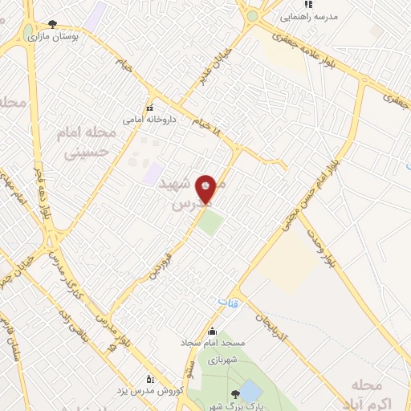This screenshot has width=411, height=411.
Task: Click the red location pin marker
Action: (207, 188)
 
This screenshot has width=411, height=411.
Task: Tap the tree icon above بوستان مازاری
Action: (53, 24)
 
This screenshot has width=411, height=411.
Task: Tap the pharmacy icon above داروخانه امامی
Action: (149, 108)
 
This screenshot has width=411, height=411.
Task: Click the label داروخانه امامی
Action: (144, 119)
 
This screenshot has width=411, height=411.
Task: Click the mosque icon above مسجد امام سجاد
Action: (212, 332)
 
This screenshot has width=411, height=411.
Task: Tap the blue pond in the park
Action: (250, 392)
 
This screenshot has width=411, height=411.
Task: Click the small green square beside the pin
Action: (211, 222)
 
